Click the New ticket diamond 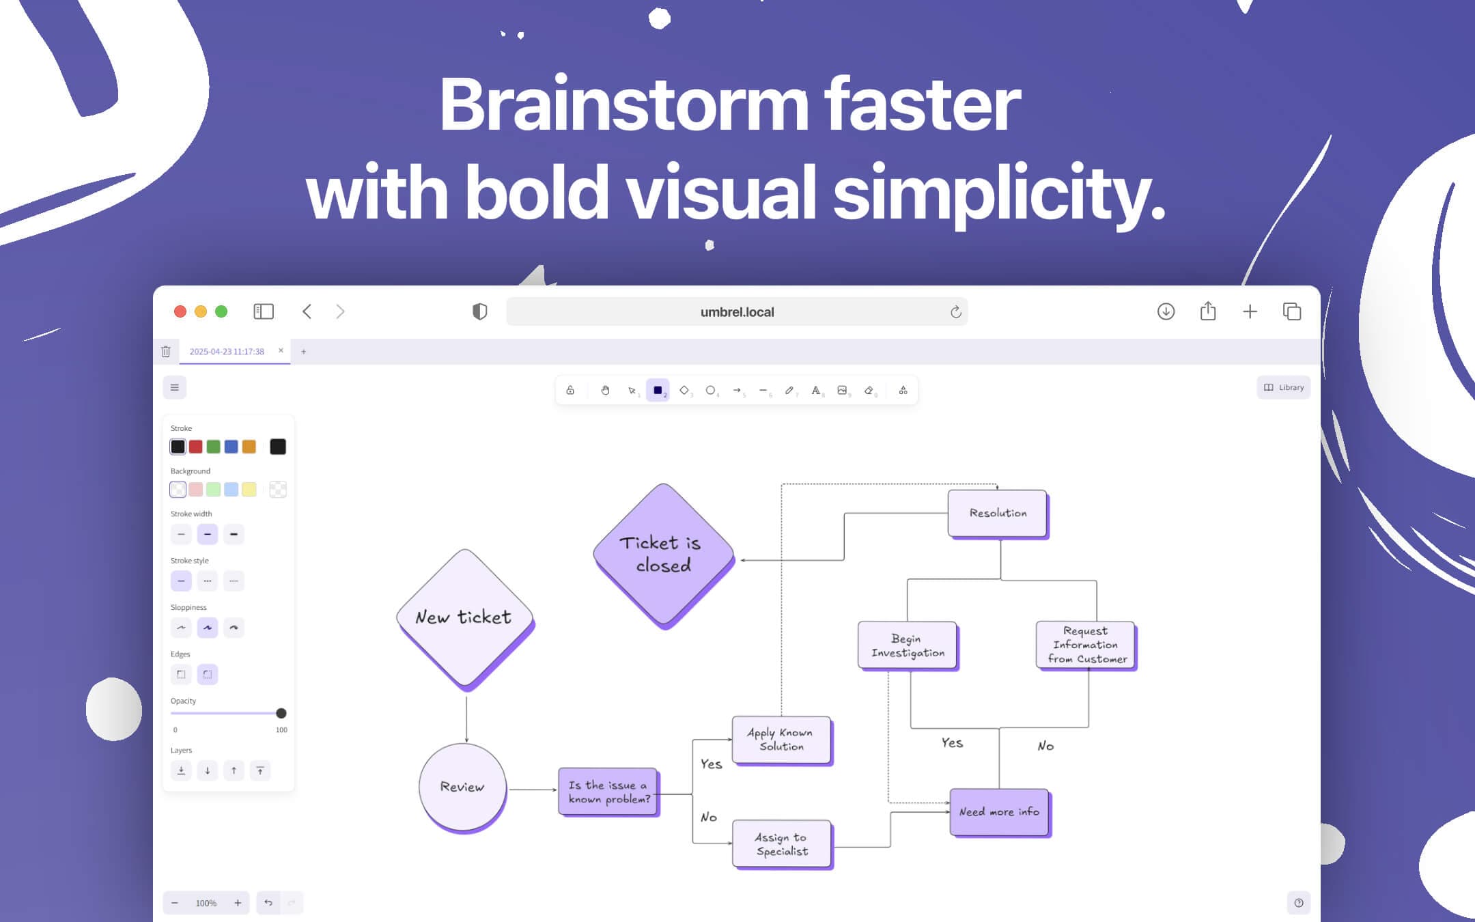(x=465, y=618)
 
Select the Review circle (x=463, y=787)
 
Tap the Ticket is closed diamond (x=664, y=555)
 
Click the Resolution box (x=998, y=514)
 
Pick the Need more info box (x=1000, y=813)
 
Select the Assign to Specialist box (x=783, y=845)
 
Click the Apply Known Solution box (x=782, y=740)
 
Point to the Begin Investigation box (x=908, y=645)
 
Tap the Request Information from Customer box (x=1086, y=645)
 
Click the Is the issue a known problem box (x=608, y=792)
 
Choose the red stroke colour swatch (x=195, y=447)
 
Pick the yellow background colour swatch (x=249, y=490)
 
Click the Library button (x=1284, y=387)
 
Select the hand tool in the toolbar (x=605, y=391)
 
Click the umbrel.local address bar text (x=737, y=312)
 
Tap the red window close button (x=180, y=311)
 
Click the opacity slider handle (x=281, y=713)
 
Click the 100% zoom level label (x=206, y=904)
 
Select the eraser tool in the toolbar (x=869, y=391)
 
